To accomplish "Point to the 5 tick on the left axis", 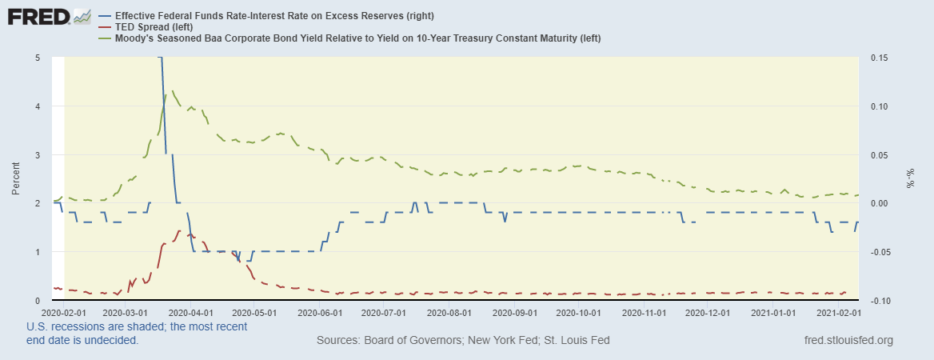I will click(x=38, y=58).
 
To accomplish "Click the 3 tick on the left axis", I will click(x=38, y=155).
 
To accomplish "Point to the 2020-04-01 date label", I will click(x=192, y=313).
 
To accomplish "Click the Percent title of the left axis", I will click(x=15, y=178).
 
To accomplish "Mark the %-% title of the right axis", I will click(x=910, y=178).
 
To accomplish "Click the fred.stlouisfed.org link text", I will click(x=848, y=341).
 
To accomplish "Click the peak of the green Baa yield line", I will click(x=173, y=91).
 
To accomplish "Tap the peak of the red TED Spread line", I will click(x=180, y=231).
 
